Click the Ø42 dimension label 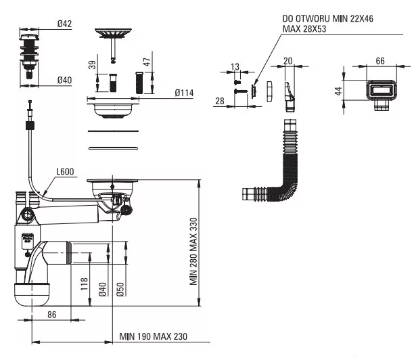[x=64, y=24]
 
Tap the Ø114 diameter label [x=184, y=93]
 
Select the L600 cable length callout [x=65, y=172]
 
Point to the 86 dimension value [x=52, y=315]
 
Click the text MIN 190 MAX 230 [x=154, y=336]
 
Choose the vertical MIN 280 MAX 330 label [x=193, y=252]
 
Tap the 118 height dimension [x=84, y=284]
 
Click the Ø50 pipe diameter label [x=120, y=290]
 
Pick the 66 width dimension [x=380, y=61]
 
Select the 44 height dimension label [x=338, y=91]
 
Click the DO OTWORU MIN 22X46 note [x=327, y=18]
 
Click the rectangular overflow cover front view [x=382, y=91]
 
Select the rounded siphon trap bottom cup [x=32, y=294]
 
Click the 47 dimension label [x=147, y=62]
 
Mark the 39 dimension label [x=92, y=65]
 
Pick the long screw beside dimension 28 [x=241, y=91]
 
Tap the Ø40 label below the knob [x=64, y=80]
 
